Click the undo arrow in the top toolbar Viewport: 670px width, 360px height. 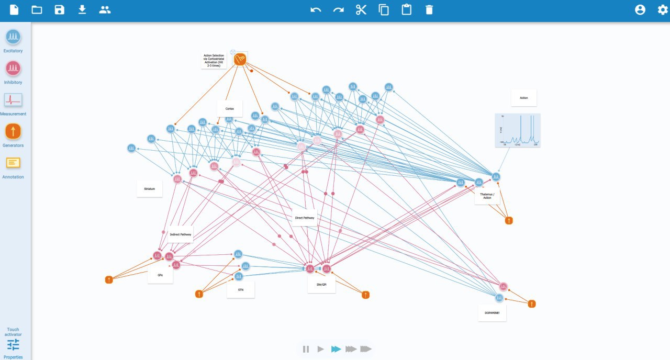tap(316, 10)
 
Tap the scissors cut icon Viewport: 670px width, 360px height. tap(361, 10)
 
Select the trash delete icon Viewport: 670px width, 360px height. tap(429, 10)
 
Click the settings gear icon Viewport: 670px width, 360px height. tap(663, 10)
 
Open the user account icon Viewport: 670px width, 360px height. tap(640, 10)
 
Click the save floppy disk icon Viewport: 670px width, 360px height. tap(60, 10)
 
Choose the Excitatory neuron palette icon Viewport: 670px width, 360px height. tap(13, 37)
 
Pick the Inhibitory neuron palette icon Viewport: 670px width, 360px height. tap(13, 69)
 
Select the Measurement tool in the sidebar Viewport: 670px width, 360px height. tap(13, 100)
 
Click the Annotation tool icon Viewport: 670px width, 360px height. tap(13, 163)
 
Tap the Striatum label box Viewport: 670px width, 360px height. tap(150, 188)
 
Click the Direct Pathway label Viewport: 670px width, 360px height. tap(305, 218)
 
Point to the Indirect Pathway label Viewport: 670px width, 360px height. tap(181, 234)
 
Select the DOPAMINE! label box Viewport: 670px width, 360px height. tap(492, 313)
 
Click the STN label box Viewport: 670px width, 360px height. tap(241, 289)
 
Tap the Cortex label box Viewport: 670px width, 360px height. tap(230, 109)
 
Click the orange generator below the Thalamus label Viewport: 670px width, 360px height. tap(509, 221)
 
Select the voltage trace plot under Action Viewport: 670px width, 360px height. tap(518, 130)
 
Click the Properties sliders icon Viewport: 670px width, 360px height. tap(13, 345)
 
